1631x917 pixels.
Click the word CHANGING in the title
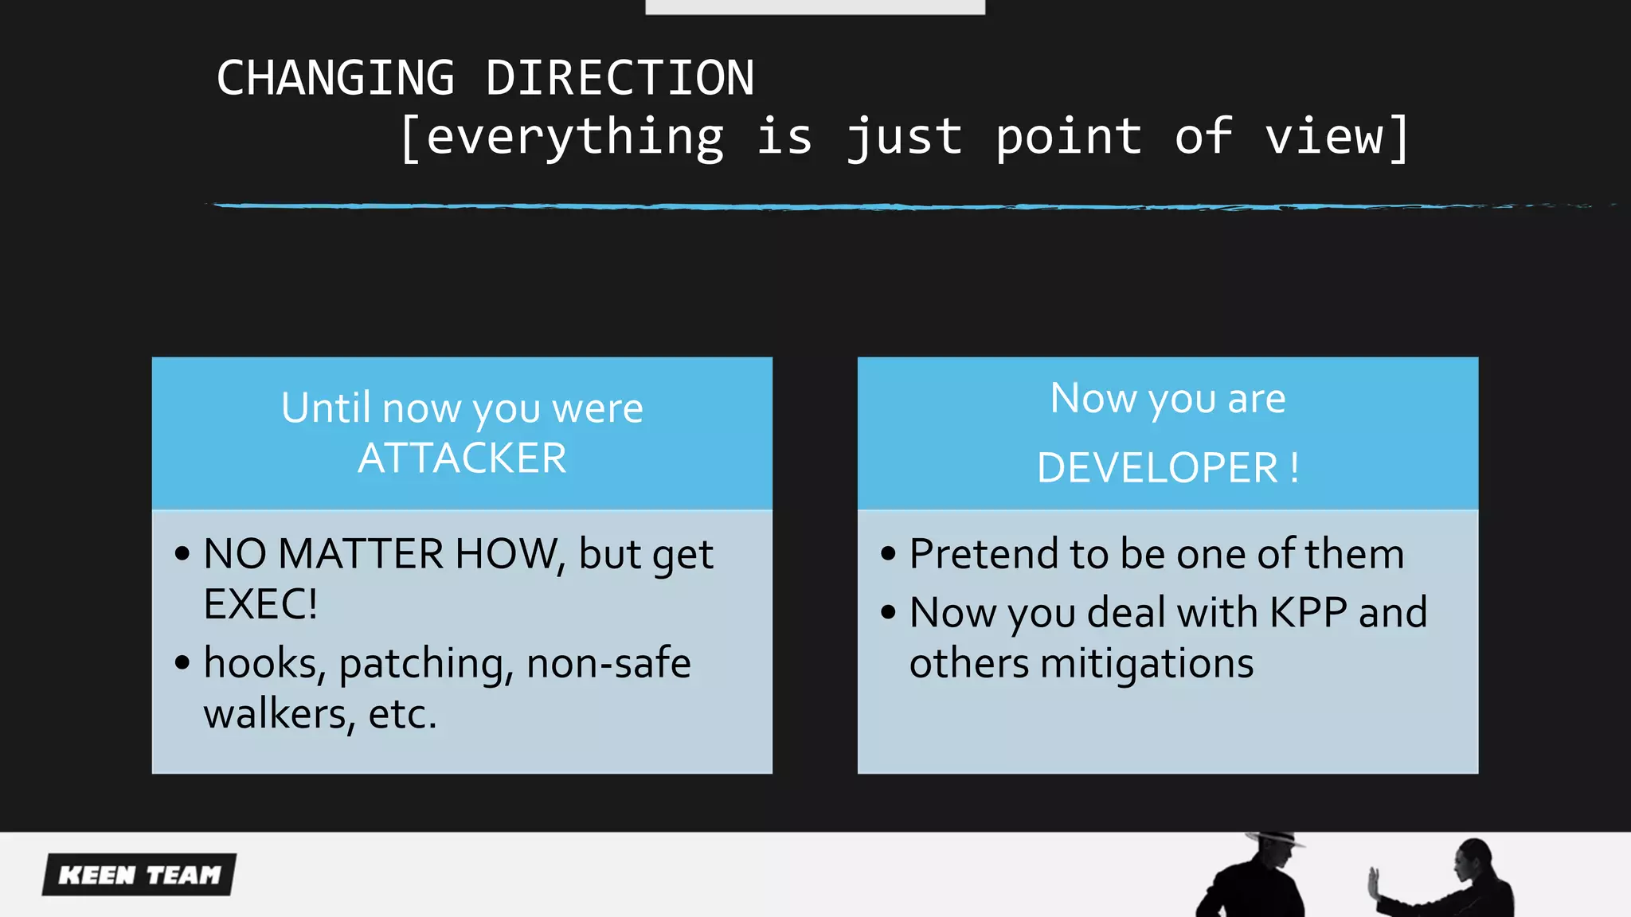(335, 79)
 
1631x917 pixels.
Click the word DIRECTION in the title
(620, 79)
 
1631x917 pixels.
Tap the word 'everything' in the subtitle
(575, 137)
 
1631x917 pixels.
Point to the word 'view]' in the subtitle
(1337, 137)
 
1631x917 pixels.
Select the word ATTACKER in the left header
(462, 458)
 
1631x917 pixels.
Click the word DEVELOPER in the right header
(1157, 468)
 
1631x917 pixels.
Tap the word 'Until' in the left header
(326, 408)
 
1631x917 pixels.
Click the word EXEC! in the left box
(260, 604)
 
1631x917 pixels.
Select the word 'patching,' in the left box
(426, 665)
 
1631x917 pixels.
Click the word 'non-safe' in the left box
(608, 663)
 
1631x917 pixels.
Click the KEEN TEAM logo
(139, 875)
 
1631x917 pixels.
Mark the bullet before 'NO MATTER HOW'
(182, 554)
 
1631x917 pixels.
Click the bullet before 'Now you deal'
(889, 613)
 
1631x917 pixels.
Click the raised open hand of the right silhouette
(1374, 882)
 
